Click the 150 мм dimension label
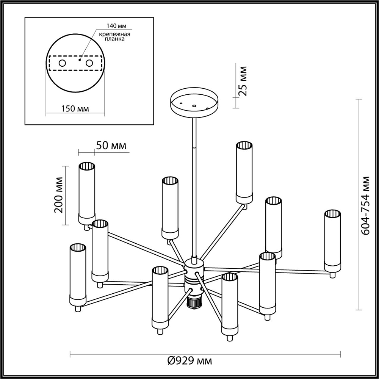click(75, 109)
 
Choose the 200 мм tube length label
click(59, 195)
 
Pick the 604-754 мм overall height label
click(365, 205)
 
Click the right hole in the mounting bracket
click(89, 63)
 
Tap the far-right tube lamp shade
click(332, 239)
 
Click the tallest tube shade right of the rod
click(244, 171)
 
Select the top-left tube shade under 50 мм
click(86, 191)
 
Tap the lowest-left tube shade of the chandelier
click(78, 273)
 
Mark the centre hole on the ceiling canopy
click(194, 106)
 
